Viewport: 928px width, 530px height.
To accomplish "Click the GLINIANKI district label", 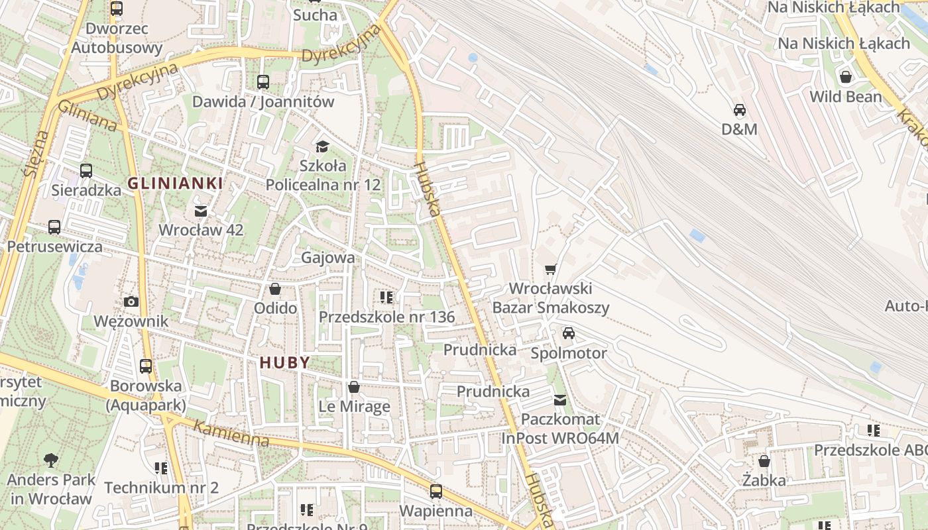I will (x=175, y=184).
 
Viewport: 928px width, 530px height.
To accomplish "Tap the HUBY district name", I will (x=285, y=362).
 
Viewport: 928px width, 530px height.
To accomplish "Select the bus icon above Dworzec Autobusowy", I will (x=117, y=9).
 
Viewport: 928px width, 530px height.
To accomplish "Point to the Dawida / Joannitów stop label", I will (x=263, y=102).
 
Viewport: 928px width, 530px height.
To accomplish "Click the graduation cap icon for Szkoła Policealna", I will (x=323, y=146).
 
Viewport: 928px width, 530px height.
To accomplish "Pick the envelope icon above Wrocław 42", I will (x=201, y=211).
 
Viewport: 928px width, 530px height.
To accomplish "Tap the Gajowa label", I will (x=328, y=257).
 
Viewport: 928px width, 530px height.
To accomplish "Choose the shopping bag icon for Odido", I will (x=275, y=290).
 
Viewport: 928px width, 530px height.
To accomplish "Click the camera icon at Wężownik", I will (x=131, y=302).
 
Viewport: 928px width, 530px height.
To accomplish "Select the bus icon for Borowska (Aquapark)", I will (x=146, y=366).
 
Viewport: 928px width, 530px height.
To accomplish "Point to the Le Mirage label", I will (x=354, y=406).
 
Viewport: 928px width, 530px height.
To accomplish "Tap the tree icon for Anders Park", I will (x=51, y=460).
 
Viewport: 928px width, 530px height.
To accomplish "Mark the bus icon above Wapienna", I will (x=435, y=492).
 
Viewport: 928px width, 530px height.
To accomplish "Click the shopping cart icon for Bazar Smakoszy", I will (x=550, y=270).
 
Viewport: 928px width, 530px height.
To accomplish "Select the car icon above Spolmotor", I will (x=568, y=333).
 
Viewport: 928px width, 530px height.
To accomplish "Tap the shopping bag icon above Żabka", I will (x=764, y=461).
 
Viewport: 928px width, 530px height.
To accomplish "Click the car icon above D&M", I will (x=739, y=110).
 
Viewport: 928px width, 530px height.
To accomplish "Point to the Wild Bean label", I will (x=846, y=97).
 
